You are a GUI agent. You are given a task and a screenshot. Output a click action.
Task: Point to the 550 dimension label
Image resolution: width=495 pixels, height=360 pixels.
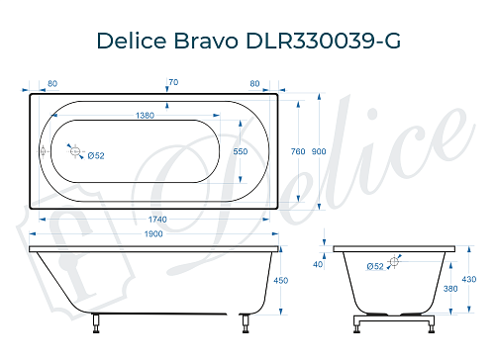pyautogui.click(x=241, y=151)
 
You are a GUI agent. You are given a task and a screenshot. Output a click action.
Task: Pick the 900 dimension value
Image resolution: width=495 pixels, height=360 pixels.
pyautogui.click(x=318, y=151)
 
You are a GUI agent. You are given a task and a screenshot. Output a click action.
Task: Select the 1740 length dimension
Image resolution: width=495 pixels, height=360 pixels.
pyautogui.click(x=149, y=218)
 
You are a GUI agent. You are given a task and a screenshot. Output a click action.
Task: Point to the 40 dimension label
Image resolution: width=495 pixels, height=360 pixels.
pyautogui.click(x=318, y=264)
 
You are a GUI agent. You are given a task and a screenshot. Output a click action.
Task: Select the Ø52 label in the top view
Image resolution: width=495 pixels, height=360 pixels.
pyautogui.click(x=96, y=155)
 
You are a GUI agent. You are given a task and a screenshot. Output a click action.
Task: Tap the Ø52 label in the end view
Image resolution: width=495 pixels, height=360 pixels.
pyautogui.click(x=375, y=266)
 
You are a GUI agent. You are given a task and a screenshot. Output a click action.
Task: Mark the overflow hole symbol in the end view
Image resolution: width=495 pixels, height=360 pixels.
pyautogui.click(x=394, y=261)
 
